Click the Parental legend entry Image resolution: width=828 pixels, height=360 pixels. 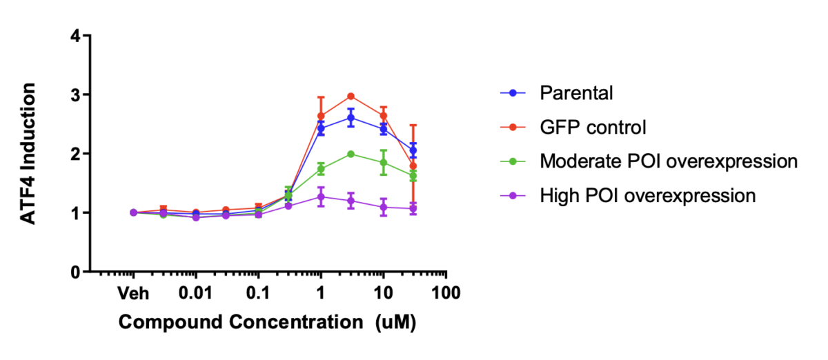(576, 93)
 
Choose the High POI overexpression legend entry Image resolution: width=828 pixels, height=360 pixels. (648, 196)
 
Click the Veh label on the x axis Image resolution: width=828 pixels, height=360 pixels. (133, 294)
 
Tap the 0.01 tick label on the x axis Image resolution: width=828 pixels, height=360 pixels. (195, 294)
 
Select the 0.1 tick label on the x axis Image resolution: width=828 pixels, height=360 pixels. (258, 294)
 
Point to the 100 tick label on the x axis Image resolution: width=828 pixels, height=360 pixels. (446, 294)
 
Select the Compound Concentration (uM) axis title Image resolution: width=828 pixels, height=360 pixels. (267, 323)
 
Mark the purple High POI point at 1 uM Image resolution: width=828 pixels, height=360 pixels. (321, 197)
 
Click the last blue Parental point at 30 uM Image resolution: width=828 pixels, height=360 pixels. (413, 150)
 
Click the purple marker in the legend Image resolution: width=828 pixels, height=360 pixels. (513, 196)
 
